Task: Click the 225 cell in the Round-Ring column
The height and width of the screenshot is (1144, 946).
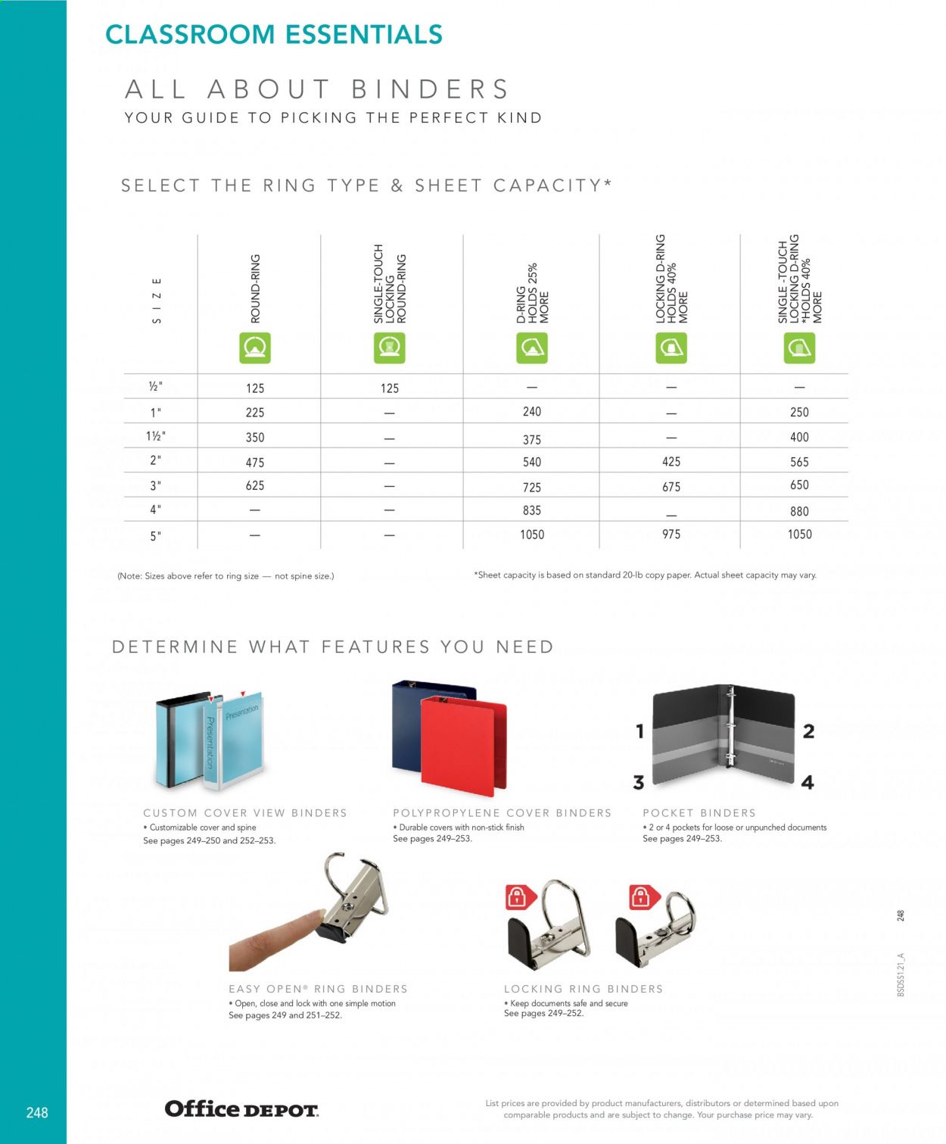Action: pos(255,413)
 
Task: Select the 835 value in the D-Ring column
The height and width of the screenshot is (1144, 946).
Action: pos(532,510)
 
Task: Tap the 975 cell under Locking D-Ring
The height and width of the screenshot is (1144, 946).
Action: pos(671,535)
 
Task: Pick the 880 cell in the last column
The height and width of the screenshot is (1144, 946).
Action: pos(799,512)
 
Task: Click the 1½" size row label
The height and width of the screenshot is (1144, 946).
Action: pos(156,436)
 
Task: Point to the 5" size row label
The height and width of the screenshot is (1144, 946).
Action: pos(156,536)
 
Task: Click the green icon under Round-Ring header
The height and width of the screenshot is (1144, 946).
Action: pos(255,348)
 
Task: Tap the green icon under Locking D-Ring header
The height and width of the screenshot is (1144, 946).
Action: pos(671,348)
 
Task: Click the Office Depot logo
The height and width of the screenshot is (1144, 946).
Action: pos(241,1109)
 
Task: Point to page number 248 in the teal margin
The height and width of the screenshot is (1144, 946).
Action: pos(37,1112)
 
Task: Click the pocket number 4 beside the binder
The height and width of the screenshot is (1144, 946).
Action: pos(808,782)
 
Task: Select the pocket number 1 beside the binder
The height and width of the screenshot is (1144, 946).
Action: pos(639,731)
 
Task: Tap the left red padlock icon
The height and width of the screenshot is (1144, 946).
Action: pos(518,898)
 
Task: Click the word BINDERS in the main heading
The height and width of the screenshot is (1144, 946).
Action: pos(430,89)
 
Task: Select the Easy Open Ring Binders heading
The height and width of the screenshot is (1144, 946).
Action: pos(318,989)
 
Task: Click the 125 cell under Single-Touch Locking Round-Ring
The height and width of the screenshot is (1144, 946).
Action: pos(390,388)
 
